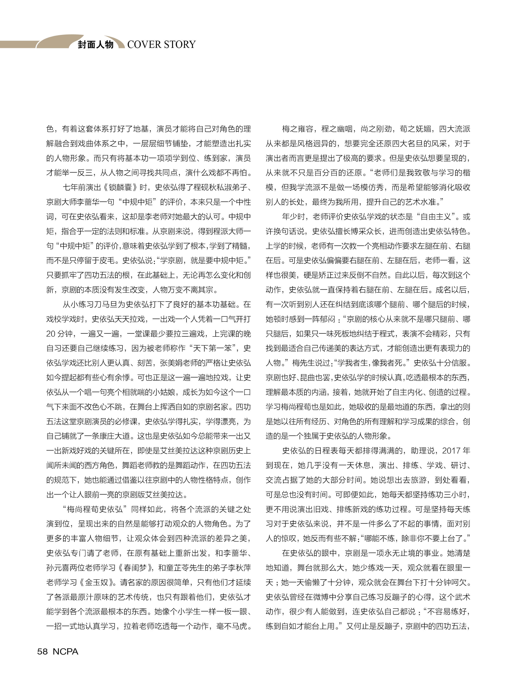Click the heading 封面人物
pyautogui.click(x=95, y=45)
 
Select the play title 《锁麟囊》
pyautogui.click(x=120, y=187)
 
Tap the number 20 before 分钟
pyautogui.click(x=51, y=334)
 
